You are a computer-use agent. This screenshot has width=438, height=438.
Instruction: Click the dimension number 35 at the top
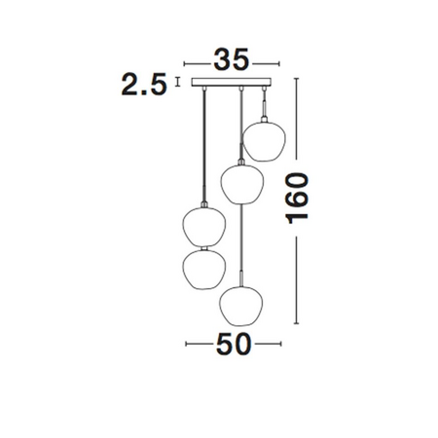[232, 60]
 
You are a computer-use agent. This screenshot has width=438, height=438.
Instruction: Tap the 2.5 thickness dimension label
[144, 85]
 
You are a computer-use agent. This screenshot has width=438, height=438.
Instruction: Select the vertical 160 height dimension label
[297, 199]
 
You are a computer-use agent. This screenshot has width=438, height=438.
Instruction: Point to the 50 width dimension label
[234, 344]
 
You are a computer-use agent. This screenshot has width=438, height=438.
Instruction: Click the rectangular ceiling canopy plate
[231, 82]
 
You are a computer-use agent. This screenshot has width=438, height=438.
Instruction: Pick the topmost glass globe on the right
[265, 141]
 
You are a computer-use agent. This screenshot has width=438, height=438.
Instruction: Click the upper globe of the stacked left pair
[204, 227]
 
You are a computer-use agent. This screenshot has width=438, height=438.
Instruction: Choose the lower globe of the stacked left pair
[204, 270]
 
